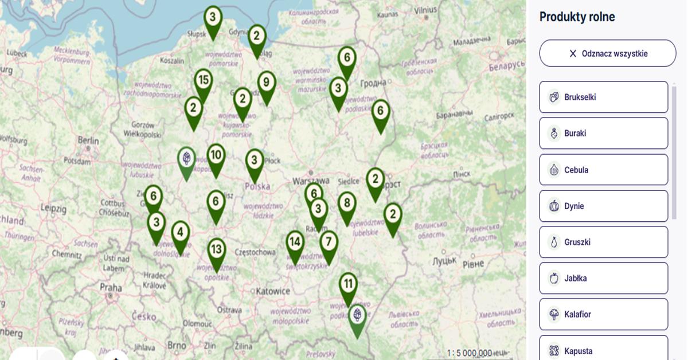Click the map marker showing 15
(203, 81)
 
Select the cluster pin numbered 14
(295, 242)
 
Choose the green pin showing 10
(216, 155)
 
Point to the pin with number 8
(347, 203)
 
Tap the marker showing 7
(329, 242)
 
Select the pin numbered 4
(181, 233)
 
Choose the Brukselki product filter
(603, 97)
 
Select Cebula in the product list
(603, 170)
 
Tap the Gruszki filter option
(603, 242)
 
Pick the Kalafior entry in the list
(603, 314)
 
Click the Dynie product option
(603, 206)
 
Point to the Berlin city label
(88, 140)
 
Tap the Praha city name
(111, 287)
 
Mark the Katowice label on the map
(273, 291)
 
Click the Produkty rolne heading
(577, 17)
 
